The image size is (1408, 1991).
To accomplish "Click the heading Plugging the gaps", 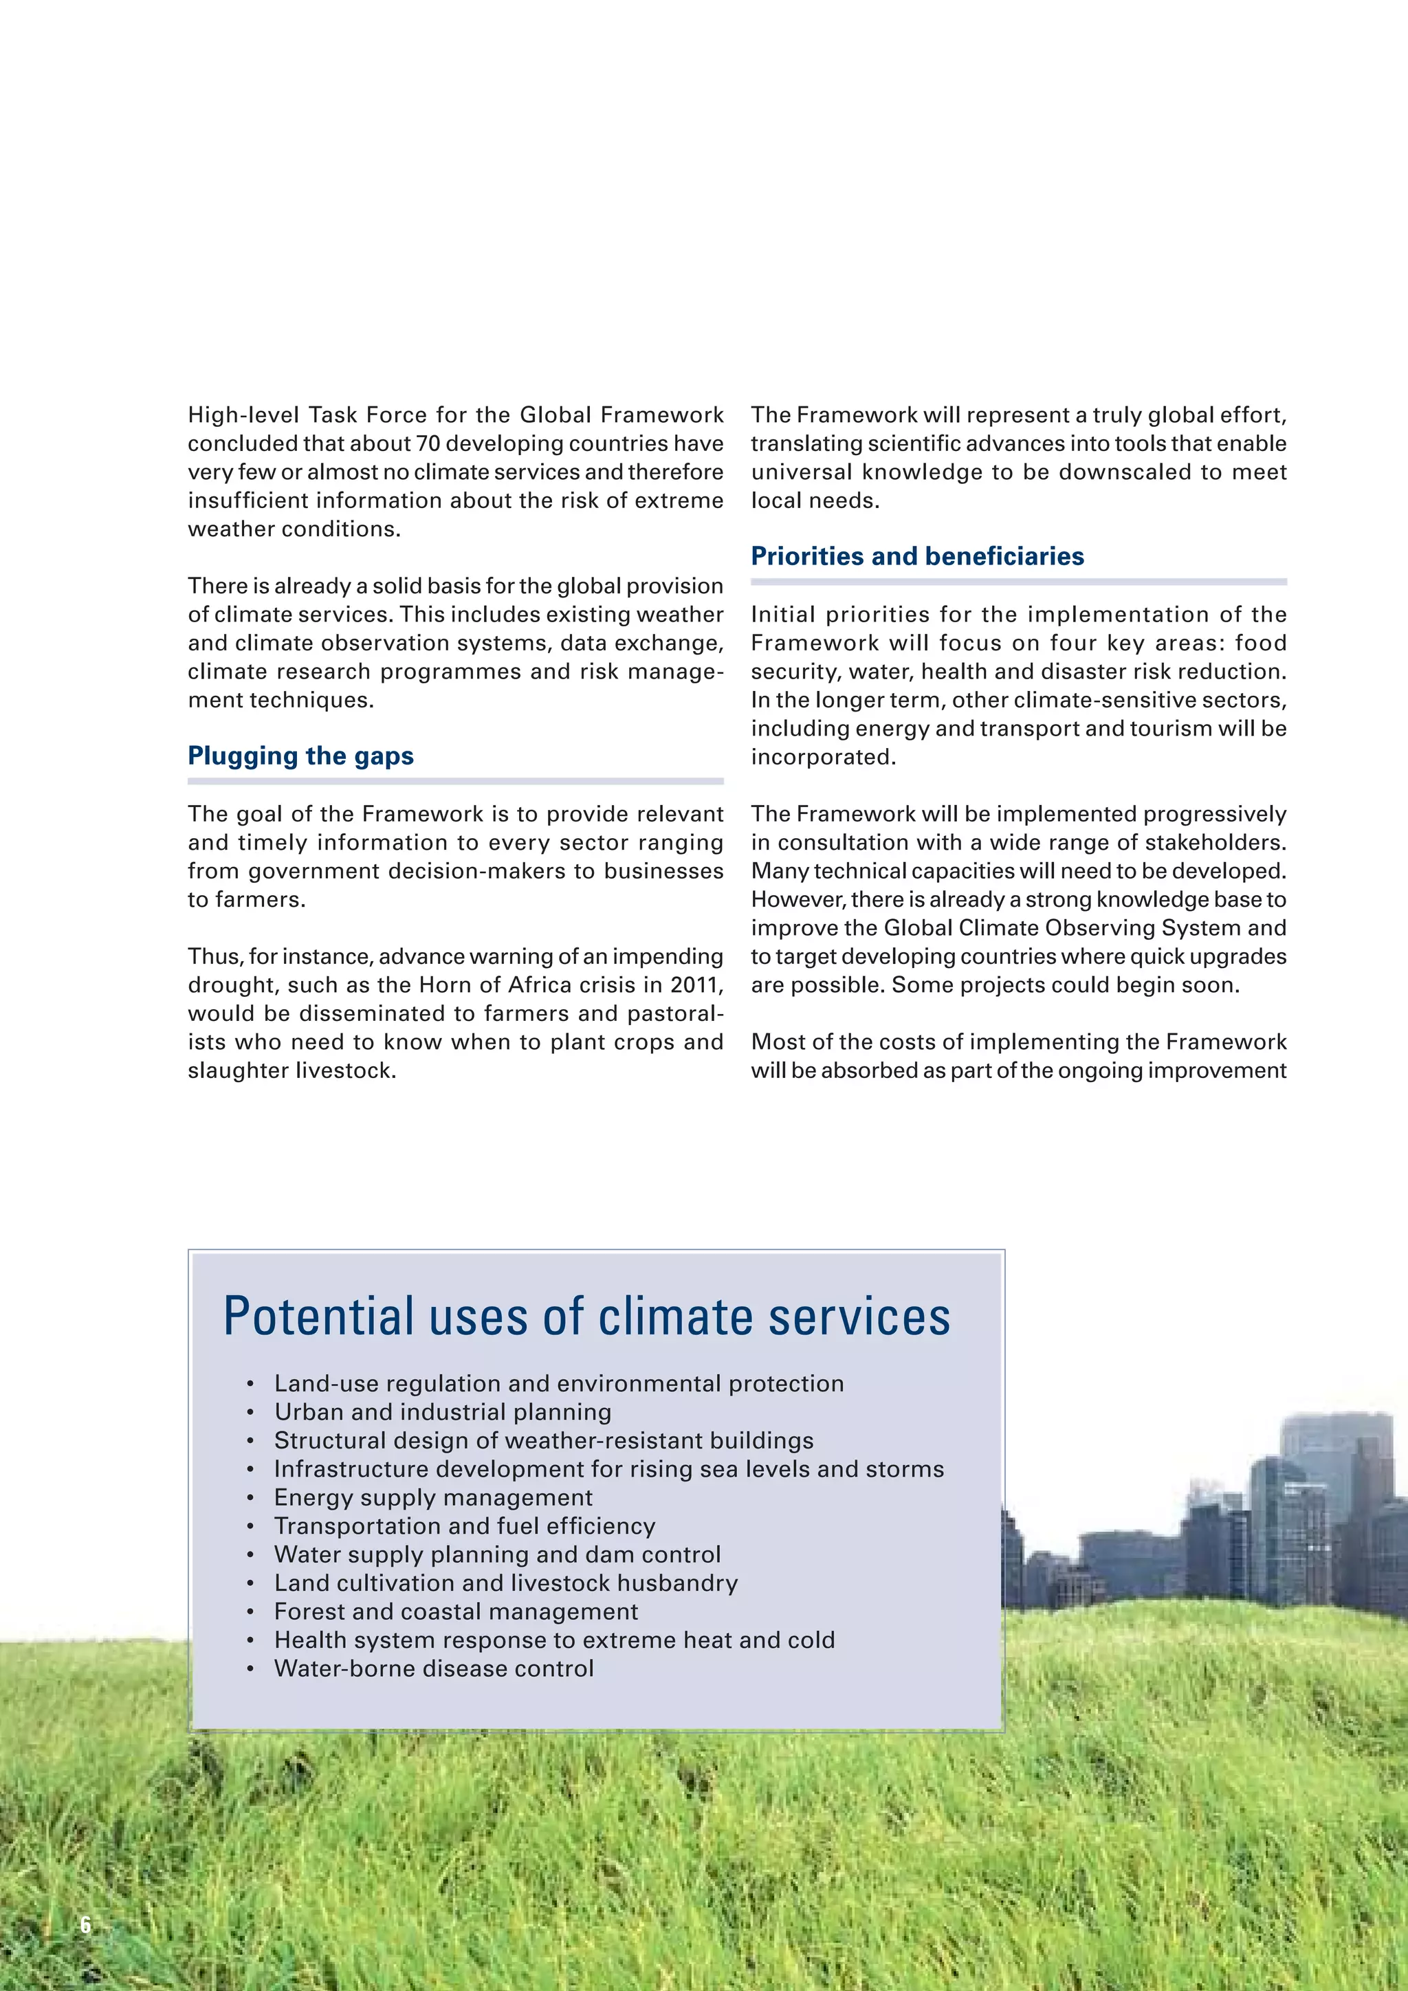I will click(301, 756).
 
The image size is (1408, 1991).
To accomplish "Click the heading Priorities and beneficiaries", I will click(917, 557).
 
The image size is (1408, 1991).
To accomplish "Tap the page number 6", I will click(85, 1925).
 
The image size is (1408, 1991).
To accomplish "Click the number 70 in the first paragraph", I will click(428, 444).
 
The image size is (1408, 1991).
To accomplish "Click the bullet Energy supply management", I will click(432, 1497).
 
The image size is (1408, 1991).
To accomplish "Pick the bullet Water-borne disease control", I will click(434, 1669).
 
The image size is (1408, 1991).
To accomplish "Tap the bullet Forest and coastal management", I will click(456, 1611).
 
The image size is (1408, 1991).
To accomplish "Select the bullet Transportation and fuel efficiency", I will click(465, 1526).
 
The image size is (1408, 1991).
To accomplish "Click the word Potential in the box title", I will click(318, 1317).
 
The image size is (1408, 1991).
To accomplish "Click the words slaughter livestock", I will click(291, 1071).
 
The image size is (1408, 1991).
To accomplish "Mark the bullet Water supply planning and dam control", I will click(497, 1555).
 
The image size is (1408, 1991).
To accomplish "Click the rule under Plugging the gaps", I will click(455, 781).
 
